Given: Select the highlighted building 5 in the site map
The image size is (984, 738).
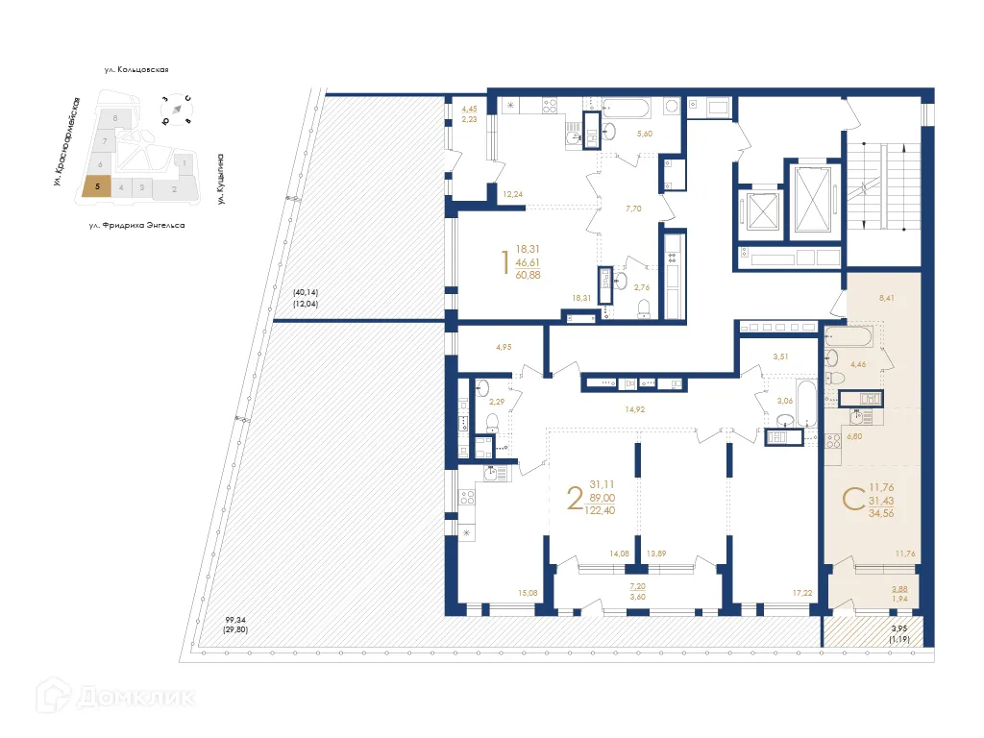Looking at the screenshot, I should point(96,187).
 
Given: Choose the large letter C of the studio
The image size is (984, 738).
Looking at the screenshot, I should point(850,499).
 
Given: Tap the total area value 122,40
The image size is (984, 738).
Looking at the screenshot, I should point(603,510).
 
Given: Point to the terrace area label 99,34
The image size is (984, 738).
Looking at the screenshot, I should point(236,620).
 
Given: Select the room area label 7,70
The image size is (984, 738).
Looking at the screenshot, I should point(632,208).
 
